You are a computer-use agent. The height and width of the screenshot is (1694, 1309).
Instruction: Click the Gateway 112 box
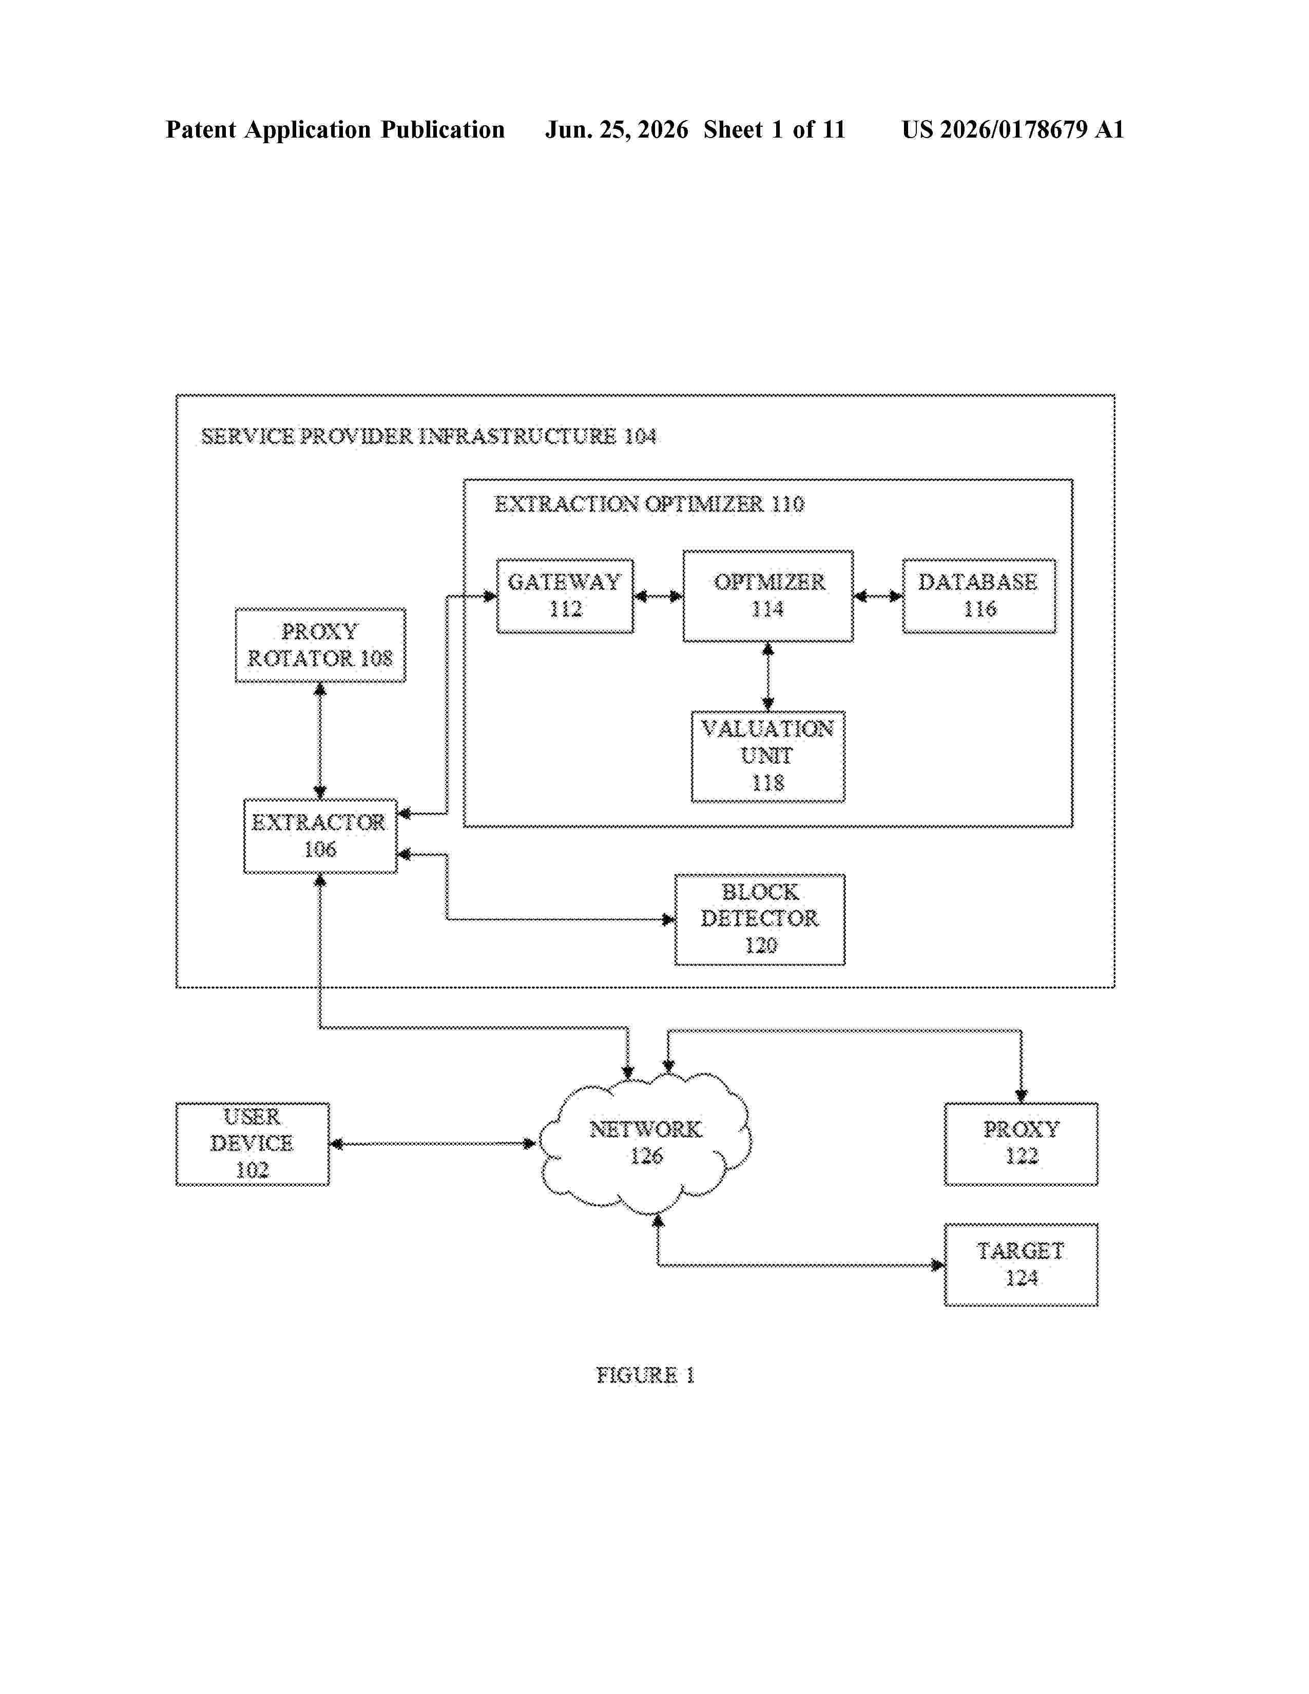(x=565, y=595)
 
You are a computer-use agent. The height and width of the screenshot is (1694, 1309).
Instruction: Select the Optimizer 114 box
(x=768, y=595)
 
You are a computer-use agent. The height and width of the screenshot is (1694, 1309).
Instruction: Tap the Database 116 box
(x=978, y=595)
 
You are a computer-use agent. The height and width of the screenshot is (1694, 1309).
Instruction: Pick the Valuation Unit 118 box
(x=768, y=756)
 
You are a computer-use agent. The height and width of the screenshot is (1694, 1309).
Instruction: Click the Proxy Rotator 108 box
(x=320, y=645)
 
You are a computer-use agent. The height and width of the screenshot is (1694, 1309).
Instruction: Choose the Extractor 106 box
(x=320, y=836)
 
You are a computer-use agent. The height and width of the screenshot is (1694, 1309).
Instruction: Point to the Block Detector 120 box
(x=760, y=919)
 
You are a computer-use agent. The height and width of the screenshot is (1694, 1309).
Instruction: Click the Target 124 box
(x=1021, y=1265)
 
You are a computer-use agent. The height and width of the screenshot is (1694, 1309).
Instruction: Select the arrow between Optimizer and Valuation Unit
(x=768, y=677)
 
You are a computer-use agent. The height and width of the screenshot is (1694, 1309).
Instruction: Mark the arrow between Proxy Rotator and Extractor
(x=320, y=741)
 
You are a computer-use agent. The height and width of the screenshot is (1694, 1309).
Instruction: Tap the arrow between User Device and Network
(x=433, y=1143)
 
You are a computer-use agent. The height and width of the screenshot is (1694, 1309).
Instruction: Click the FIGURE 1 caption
(x=645, y=1375)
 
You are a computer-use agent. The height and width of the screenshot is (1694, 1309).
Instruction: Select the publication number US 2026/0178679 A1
(x=1013, y=129)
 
